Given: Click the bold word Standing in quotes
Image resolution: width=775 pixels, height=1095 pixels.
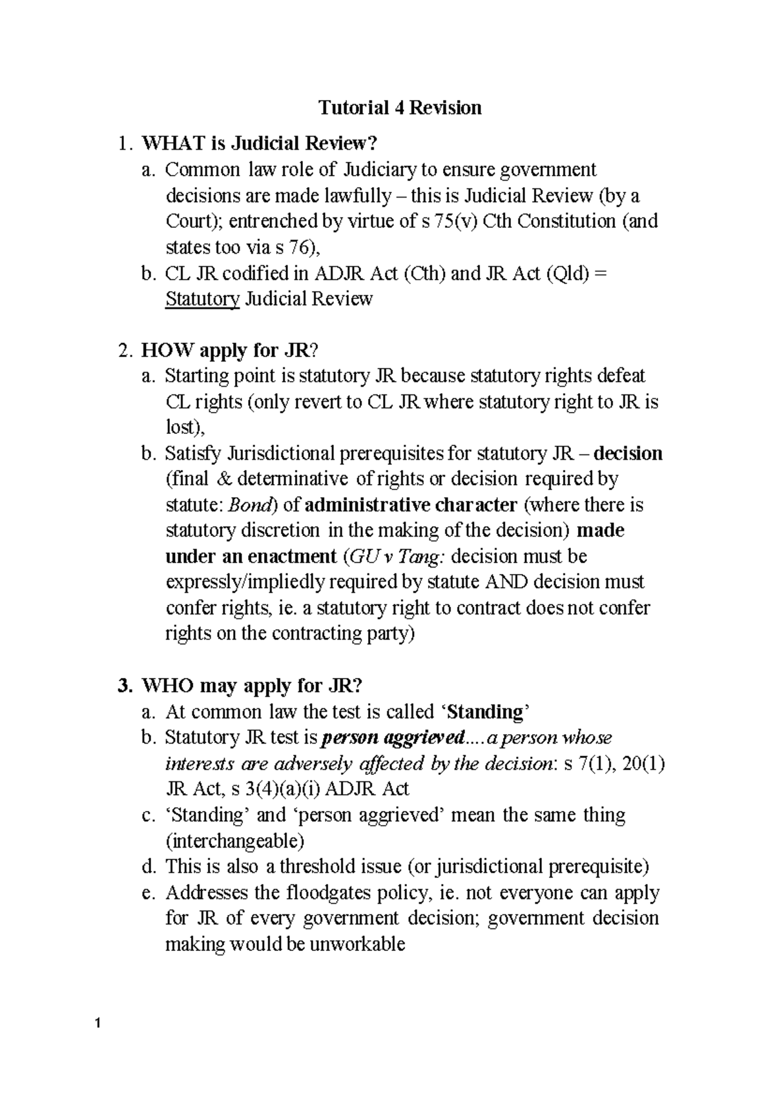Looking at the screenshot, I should pyautogui.click(x=484, y=712).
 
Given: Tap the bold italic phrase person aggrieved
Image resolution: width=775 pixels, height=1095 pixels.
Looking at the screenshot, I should pyautogui.click(x=393, y=738).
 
